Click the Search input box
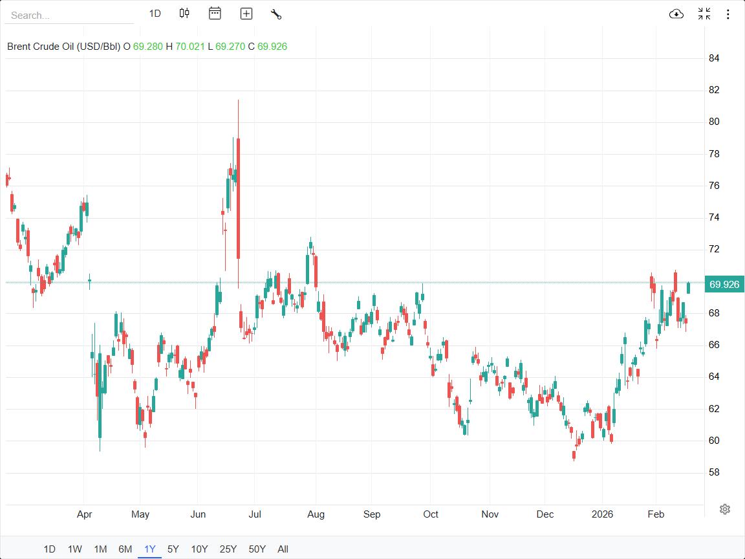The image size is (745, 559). pos(69,15)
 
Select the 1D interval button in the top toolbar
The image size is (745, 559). pos(155,14)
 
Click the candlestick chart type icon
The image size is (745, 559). pos(184,14)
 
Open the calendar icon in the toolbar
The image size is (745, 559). pos(215,14)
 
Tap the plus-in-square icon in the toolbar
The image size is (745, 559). pos(246,14)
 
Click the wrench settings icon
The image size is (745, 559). pos(276,14)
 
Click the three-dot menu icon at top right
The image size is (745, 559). pos(728,14)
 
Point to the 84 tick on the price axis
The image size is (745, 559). pos(714,58)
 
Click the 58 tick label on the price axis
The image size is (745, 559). pos(714,472)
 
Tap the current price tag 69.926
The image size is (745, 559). pos(724,285)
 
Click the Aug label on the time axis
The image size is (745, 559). pos(316,514)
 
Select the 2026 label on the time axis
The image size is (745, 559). pos(602,514)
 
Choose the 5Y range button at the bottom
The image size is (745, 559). pos(173,549)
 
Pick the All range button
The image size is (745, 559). pos(283,549)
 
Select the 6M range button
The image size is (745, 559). pos(125,549)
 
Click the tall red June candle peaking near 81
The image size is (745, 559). pos(239,194)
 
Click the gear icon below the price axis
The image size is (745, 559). pos(725,509)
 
